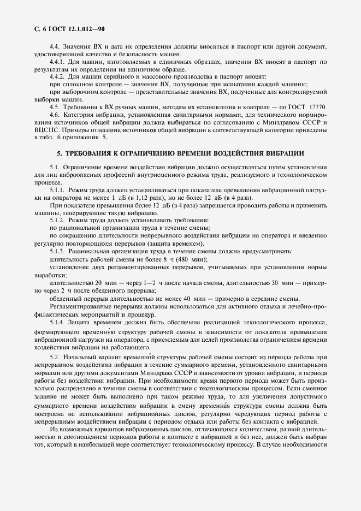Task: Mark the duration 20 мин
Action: tap(104, 283)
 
